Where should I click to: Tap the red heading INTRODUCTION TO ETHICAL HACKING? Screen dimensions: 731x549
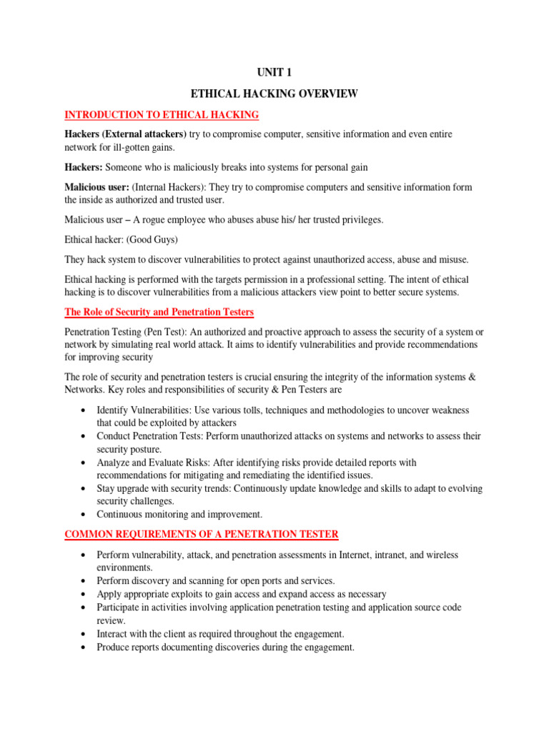[x=162, y=114]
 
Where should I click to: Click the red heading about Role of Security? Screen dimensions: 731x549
[x=159, y=312]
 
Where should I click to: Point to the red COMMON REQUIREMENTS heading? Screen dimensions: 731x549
[x=202, y=534]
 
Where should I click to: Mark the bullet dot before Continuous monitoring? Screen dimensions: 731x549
[x=85, y=514]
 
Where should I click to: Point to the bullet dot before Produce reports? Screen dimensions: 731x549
[x=85, y=647]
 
